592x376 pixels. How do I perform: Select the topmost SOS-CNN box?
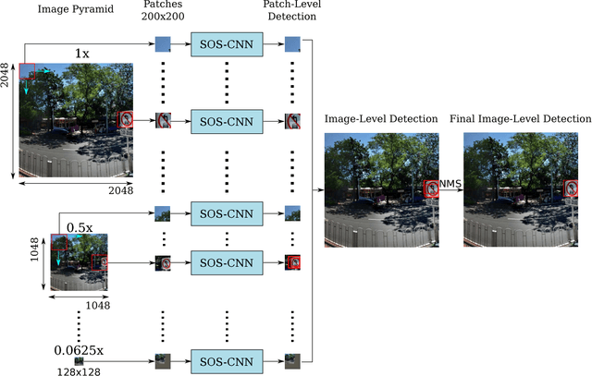227,43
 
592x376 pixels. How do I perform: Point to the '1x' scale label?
82,54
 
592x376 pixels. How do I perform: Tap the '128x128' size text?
79,371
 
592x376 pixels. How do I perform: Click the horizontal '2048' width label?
119,190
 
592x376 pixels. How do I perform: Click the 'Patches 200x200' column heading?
163,11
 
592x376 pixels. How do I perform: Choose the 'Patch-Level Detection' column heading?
294,11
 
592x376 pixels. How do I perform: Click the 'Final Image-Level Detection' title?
520,119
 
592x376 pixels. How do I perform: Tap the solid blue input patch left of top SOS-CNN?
163,43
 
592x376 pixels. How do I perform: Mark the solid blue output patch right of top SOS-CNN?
292,43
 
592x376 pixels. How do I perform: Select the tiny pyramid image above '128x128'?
79,360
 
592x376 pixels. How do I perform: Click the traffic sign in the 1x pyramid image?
126,118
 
